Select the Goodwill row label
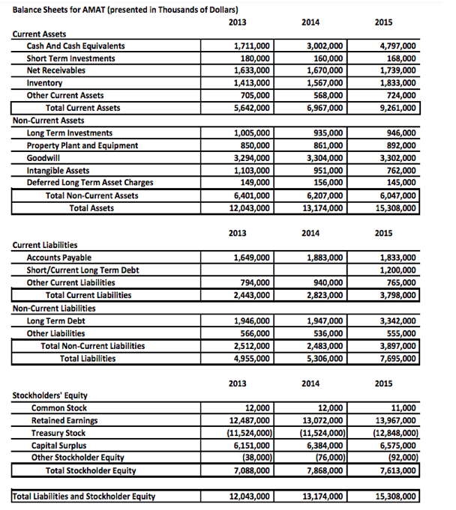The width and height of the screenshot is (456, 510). point(43,158)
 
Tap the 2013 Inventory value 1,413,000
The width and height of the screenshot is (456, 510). point(251,83)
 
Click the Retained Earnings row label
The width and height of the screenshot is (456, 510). point(64,421)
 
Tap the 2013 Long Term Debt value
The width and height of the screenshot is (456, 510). point(251,321)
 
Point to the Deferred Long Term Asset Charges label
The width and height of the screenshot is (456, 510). point(90,182)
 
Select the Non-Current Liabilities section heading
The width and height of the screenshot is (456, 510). point(54,309)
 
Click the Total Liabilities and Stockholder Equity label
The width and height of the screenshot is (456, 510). point(83,496)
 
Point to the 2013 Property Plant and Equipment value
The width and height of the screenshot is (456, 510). point(255,145)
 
